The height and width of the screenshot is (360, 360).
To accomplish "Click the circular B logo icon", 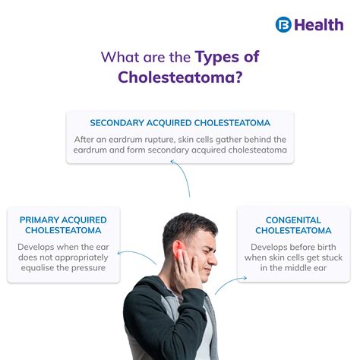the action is coord(283,24).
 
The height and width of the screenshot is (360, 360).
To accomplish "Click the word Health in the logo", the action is coord(319,25).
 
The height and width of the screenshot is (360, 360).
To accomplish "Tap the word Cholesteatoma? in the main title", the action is coord(180,77).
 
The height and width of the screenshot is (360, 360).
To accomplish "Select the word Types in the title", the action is coord(216,57).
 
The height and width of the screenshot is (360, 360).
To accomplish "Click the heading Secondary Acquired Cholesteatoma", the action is coord(180,123).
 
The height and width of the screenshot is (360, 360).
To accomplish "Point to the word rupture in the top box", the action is coord(159,140).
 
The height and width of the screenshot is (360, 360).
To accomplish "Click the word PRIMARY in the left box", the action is coord(39,219).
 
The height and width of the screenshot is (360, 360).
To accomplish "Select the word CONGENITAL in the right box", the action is coord(293,220).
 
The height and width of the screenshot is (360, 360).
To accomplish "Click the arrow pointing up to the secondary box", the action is coord(184,176).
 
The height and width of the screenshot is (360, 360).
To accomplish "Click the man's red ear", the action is coord(178,251).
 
